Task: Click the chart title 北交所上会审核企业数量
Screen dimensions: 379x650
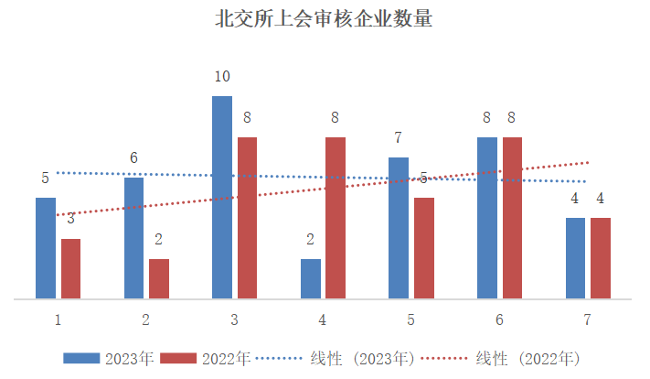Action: pos(324,19)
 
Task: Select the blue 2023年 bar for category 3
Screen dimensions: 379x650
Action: pos(222,197)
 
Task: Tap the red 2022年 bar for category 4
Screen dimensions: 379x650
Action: pos(336,218)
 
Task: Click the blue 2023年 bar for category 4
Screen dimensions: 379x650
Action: pos(311,278)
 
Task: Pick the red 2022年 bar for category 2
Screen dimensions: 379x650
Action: pos(159,278)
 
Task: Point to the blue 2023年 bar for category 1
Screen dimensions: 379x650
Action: pos(46,248)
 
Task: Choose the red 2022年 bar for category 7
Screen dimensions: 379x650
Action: pos(601,258)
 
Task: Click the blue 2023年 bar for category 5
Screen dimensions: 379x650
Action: pos(399,228)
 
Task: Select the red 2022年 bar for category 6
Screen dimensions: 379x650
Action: pos(512,218)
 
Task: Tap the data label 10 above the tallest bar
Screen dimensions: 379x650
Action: pos(222,76)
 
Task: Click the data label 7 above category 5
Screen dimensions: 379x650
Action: pos(399,137)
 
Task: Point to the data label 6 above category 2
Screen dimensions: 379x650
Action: pos(133,157)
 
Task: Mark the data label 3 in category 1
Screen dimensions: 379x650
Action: pos(70,218)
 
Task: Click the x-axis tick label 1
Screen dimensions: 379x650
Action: pos(58,319)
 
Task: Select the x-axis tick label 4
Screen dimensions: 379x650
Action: pos(323,319)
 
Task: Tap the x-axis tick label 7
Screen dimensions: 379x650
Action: pos(588,319)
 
